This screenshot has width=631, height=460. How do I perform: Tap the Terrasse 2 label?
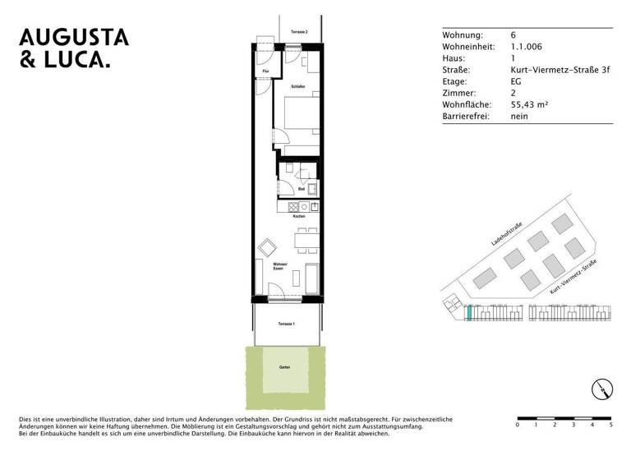click(298, 32)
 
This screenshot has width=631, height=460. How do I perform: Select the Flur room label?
click(265, 72)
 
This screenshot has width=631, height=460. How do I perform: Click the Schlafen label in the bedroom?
click(297, 85)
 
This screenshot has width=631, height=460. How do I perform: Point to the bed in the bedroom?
click(301, 117)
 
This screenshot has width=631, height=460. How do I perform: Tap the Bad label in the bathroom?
click(302, 188)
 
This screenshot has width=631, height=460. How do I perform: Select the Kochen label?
click(299, 217)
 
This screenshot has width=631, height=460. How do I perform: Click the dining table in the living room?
click(305, 241)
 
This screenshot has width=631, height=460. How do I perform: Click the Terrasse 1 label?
click(286, 324)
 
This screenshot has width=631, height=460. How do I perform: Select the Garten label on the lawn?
click(284, 367)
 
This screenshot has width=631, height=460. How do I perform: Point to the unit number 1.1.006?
click(526, 47)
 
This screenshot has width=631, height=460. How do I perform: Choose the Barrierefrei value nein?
click(518, 117)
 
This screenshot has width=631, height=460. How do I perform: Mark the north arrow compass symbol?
click(601, 389)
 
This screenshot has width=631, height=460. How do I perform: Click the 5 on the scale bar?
click(610, 425)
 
